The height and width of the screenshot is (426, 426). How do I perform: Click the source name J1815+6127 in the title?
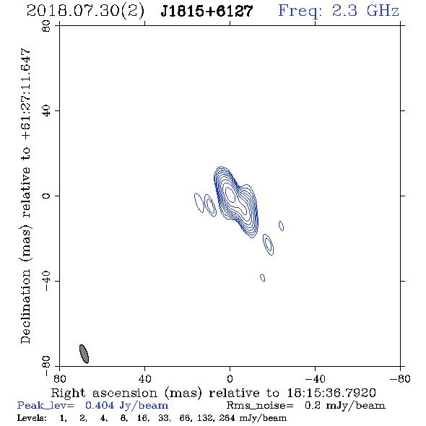[x=207, y=12]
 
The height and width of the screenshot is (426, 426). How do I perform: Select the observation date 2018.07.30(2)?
[x=85, y=12]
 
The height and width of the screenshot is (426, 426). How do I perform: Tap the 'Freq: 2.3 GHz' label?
[x=339, y=11]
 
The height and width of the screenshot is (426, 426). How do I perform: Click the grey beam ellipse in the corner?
[x=84, y=354]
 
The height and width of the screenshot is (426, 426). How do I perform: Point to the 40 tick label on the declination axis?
[x=46, y=111]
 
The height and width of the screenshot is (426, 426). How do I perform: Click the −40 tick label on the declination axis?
[x=46, y=281]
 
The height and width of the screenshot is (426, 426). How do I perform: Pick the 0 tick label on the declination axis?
[x=46, y=196]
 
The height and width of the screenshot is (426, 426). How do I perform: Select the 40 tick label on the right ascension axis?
[x=145, y=379]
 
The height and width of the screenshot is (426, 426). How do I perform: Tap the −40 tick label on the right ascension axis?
[x=315, y=379]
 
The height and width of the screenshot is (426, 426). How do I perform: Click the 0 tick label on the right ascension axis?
[x=230, y=379]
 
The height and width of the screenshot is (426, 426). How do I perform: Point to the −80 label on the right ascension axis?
[x=400, y=379]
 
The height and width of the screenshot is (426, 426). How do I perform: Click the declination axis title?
[x=25, y=196]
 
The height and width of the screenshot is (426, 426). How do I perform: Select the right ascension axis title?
[x=214, y=393]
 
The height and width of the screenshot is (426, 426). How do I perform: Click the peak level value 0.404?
[x=100, y=405]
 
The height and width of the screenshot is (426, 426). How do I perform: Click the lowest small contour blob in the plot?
[x=262, y=278]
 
